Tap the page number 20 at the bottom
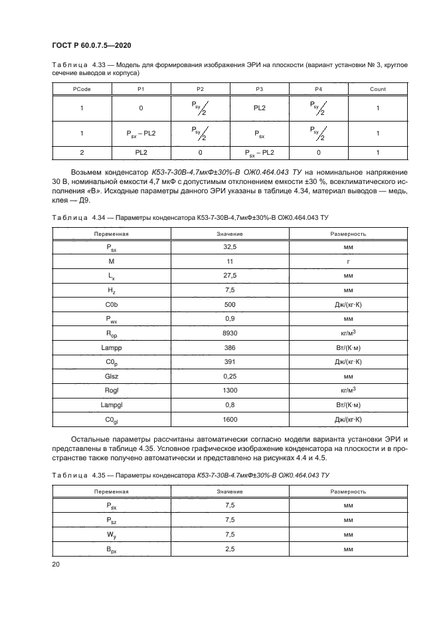point(56,564)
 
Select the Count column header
point(377,89)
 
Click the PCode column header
point(82,89)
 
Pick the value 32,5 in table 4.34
point(229,246)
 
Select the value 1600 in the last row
point(229,420)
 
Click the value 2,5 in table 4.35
point(229,549)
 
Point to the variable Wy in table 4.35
point(112,535)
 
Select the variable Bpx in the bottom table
point(112,549)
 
